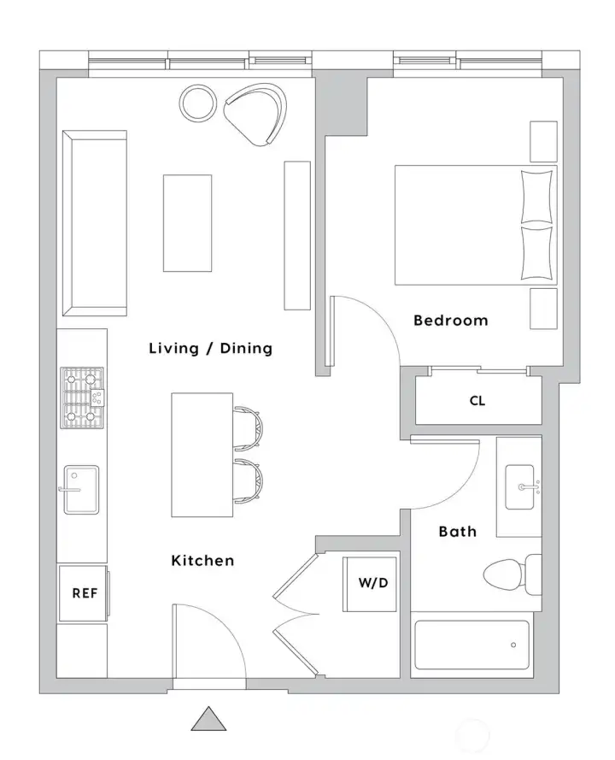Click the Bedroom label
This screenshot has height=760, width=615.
450,321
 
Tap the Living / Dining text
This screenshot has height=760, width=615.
210,348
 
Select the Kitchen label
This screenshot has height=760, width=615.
202,561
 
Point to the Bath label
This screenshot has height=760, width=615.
457,532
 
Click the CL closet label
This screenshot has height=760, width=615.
477,400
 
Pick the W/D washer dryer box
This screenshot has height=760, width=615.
370,584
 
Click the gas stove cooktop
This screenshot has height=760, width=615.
82,398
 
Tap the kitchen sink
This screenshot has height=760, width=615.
81,489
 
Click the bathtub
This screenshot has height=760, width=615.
471,646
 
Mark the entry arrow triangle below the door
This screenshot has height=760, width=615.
208,719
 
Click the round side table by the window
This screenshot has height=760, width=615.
198,103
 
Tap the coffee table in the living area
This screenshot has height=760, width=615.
187,222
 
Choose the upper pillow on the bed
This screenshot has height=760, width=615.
537,197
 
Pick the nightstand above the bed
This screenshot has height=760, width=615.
543,141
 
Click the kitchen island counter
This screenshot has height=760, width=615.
202,455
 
